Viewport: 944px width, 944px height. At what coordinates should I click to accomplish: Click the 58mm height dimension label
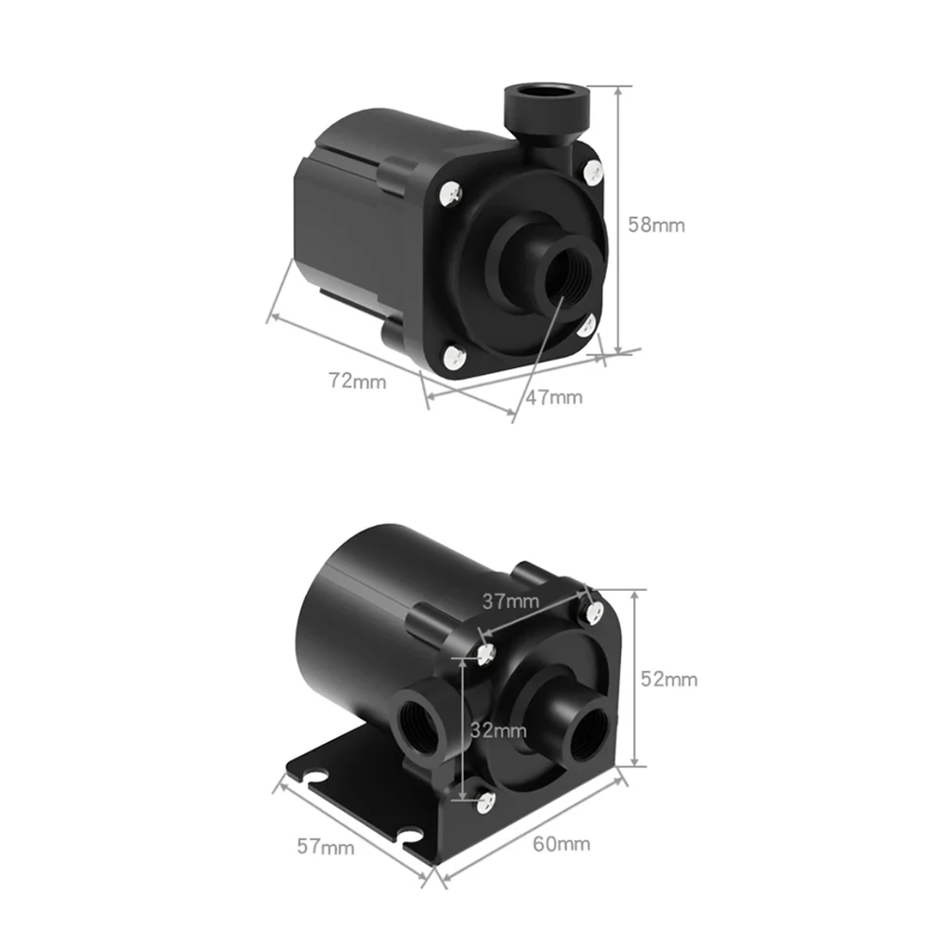(x=657, y=226)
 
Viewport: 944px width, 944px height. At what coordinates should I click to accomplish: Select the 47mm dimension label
(x=554, y=396)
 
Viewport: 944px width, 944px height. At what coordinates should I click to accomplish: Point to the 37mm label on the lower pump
(x=510, y=600)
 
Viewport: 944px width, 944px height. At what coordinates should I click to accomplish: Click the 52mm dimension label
(x=669, y=679)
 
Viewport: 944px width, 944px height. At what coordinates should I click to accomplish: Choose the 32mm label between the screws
(x=497, y=730)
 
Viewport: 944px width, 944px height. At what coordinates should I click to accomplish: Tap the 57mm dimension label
(x=327, y=847)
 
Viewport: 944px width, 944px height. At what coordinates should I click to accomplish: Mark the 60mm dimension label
(x=562, y=843)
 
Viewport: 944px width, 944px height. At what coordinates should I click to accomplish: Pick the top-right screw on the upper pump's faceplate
(x=593, y=170)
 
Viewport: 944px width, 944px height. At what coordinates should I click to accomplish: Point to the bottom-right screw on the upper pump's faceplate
(x=587, y=326)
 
